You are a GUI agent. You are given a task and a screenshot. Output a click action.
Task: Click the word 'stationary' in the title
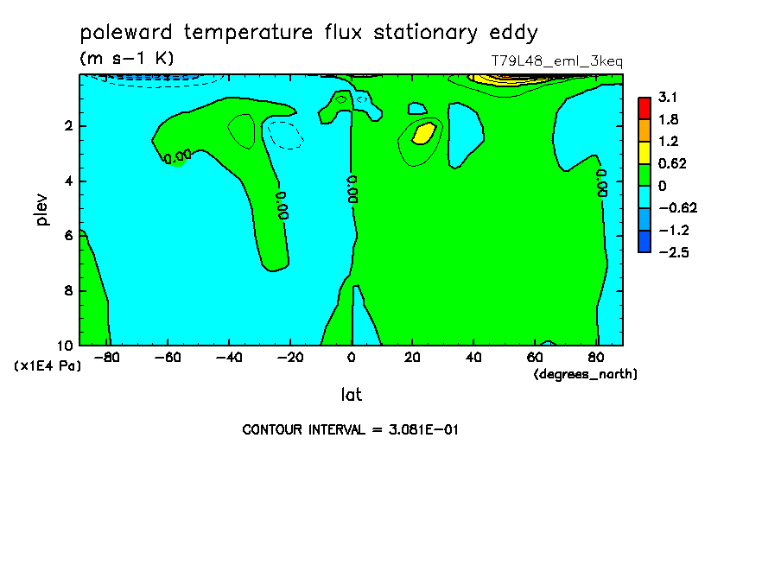point(425,34)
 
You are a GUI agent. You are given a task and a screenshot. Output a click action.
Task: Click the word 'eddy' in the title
point(513,34)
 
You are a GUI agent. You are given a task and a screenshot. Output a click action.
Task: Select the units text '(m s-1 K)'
point(127,58)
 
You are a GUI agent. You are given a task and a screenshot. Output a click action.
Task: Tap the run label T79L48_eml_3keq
point(557,61)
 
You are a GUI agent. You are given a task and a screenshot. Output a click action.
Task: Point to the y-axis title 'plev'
point(41,209)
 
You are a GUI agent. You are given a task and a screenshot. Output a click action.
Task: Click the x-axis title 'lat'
point(351,395)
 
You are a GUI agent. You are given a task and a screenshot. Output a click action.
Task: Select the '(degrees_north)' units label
point(585,374)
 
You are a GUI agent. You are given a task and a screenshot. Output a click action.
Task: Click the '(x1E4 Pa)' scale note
point(48,366)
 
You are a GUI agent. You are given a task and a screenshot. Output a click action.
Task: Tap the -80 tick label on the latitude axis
point(106,358)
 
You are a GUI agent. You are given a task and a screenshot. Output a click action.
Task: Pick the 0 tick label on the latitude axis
point(351,358)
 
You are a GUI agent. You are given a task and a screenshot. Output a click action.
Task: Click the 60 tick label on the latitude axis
point(535,358)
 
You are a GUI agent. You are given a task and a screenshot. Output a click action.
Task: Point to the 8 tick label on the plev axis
point(69,290)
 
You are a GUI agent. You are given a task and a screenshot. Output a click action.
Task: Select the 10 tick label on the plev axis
point(66,346)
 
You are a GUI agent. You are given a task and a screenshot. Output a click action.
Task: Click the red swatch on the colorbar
point(644,108)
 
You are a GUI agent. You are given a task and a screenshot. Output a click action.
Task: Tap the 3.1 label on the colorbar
point(668,97)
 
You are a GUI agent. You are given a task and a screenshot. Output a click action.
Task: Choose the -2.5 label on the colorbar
point(674,252)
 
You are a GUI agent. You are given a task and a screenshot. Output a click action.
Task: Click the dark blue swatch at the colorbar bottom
point(644,242)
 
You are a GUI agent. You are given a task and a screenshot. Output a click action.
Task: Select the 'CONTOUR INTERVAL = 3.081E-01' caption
point(350,429)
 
